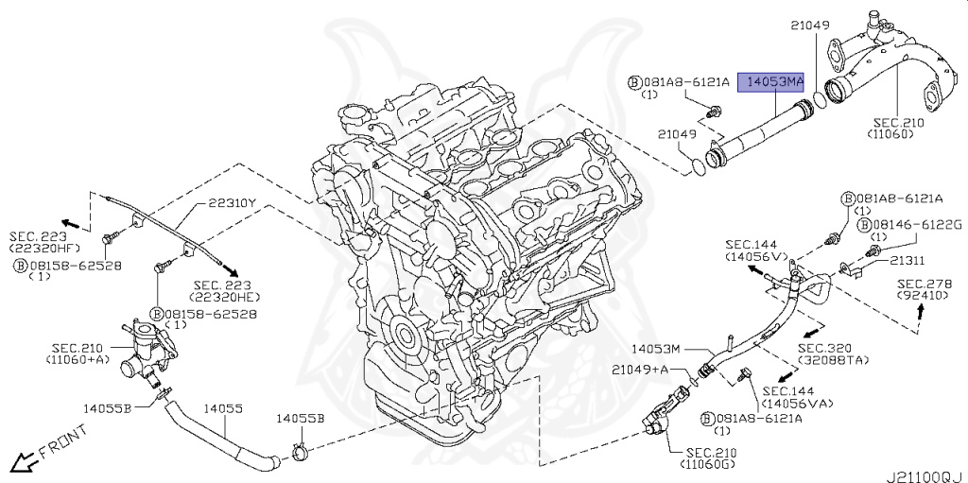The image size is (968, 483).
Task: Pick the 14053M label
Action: click(x=657, y=349)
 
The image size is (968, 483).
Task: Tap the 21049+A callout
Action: click(x=642, y=369)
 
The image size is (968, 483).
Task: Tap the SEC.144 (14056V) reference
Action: click(x=755, y=250)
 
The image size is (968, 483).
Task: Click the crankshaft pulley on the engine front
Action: click(x=406, y=336)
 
